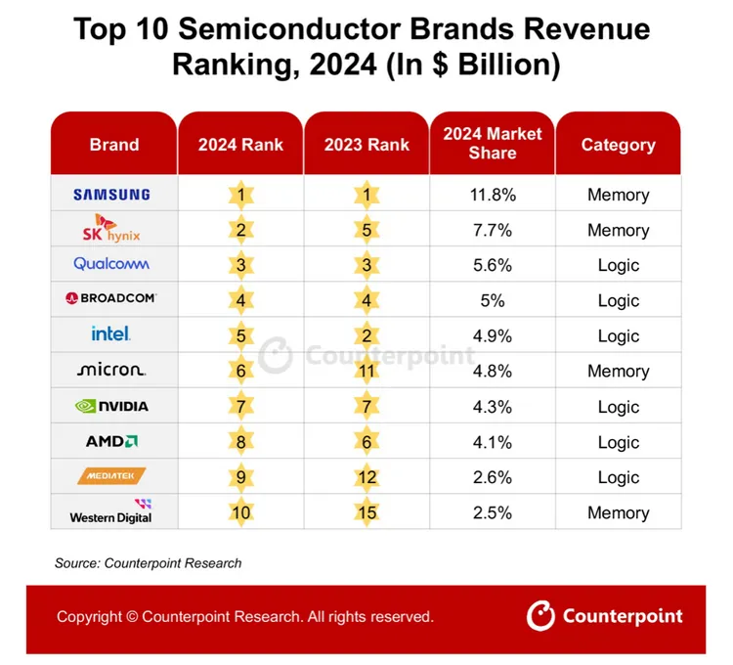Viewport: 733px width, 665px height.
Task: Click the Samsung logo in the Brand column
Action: click(111, 195)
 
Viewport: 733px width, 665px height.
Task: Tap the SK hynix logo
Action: click(111, 229)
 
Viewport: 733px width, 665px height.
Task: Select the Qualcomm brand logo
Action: click(111, 264)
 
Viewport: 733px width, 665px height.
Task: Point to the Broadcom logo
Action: click(111, 298)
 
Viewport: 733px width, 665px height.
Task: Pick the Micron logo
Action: click(111, 371)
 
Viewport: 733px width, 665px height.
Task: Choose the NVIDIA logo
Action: click(111, 406)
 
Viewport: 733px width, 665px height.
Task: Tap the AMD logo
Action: click(111, 441)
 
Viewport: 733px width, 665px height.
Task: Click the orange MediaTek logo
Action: click(111, 476)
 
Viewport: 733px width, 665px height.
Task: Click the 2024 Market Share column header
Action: click(493, 144)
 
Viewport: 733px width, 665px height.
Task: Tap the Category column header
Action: click(618, 145)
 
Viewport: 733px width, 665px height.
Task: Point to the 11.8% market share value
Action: click(493, 195)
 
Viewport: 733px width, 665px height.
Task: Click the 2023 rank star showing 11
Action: click(366, 372)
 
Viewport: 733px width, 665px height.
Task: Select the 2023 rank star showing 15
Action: click(366, 512)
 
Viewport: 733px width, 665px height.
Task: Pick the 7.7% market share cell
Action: click(493, 230)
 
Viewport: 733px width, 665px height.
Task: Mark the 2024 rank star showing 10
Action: click(240, 512)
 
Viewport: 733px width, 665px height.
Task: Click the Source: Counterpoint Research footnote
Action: click(148, 563)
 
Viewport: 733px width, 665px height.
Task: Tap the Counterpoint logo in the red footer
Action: click(605, 616)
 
